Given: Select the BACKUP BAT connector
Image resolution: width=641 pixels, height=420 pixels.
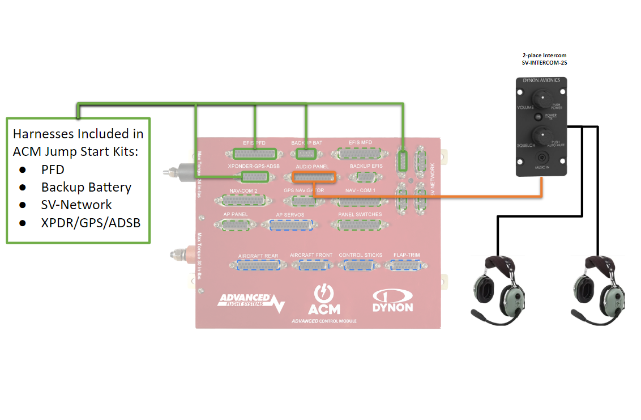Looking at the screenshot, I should [306, 154].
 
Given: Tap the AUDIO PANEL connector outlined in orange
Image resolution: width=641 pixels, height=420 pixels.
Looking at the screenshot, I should [314, 177].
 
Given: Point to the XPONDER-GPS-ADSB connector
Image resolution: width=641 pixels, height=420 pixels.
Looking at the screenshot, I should [254, 177].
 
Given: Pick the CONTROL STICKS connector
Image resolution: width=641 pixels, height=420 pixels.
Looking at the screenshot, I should [360, 265].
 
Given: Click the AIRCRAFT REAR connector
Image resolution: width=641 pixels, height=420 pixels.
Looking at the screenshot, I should [258, 266].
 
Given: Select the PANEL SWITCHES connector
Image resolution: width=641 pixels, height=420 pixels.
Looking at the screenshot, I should [360, 225].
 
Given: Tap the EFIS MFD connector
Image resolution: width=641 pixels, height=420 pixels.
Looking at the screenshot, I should [360, 154].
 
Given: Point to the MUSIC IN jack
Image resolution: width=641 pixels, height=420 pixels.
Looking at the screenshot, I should [543, 158].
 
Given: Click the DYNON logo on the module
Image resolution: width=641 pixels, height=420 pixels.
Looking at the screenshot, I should [392, 301].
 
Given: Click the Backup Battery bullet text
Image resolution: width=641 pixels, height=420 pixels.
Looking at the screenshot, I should [86, 187].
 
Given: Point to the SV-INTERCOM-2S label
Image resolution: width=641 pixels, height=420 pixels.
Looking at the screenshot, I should [544, 63].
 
